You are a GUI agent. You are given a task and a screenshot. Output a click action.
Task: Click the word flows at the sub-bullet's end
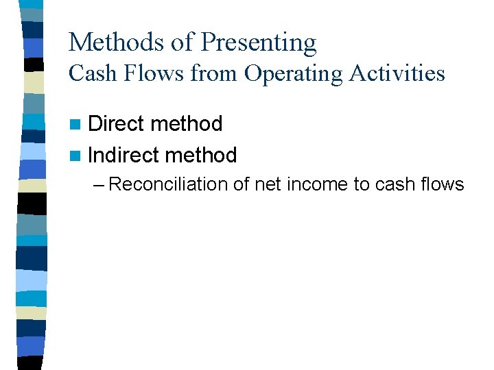click(443, 184)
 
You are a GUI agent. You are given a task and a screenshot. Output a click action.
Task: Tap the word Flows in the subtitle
click(155, 73)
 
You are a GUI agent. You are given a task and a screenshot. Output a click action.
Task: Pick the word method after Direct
click(188, 124)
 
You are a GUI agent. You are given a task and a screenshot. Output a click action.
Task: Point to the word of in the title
click(183, 42)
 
